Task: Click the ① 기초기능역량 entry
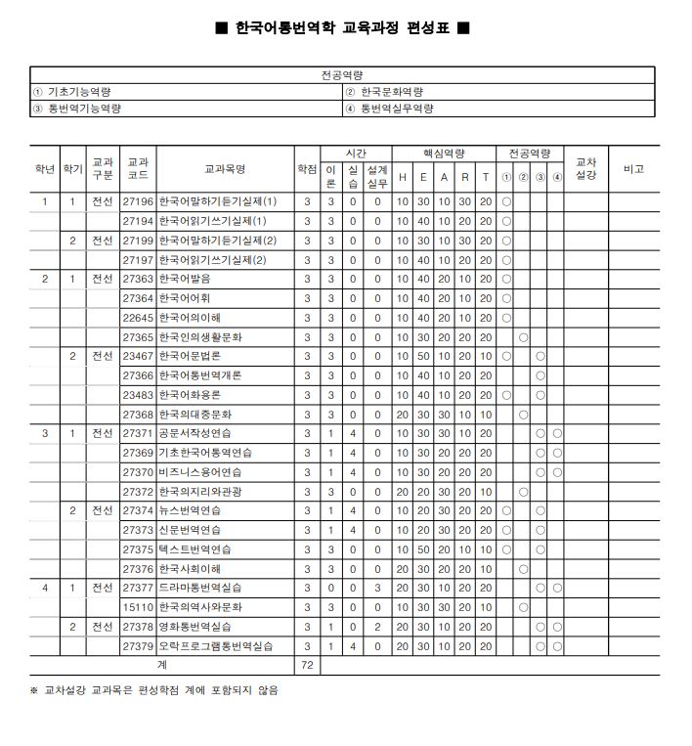pos(72,92)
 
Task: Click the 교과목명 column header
pos(225,169)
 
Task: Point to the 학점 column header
pos(307,169)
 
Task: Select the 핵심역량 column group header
pos(444,154)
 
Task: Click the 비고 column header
pos(633,169)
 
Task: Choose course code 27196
pos(138,201)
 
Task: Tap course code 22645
pos(138,318)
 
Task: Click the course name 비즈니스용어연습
pos(202,471)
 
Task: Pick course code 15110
pos(138,607)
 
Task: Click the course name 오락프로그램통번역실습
pos(216,646)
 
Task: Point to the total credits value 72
pos(307,665)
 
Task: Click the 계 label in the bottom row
pos(161,665)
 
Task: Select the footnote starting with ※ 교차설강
pos(153,690)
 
